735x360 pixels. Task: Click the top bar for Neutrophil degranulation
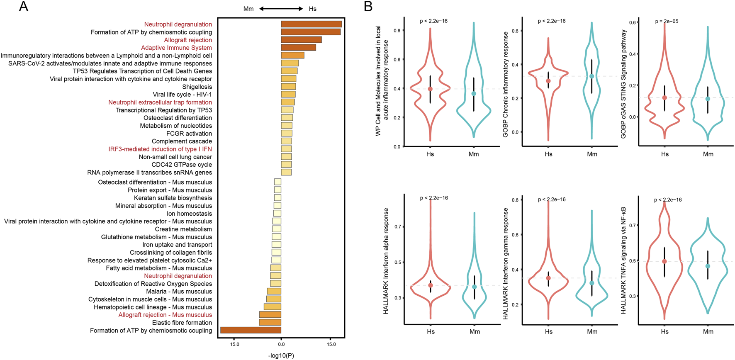pyautogui.click(x=311, y=24)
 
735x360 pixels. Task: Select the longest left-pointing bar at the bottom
pyautogui.click(x=251, y=331)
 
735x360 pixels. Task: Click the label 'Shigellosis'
pyautogui.click(x=197, y=87)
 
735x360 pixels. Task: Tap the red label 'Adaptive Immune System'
pyautogui.click(x=176, y=48)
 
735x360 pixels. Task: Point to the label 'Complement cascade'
pyautogui.click(x=182, y=141)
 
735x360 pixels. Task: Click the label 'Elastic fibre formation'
pyautogui.click(x=182, y=323)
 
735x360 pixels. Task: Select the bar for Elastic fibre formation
pyautogui.click(x=270, y=323)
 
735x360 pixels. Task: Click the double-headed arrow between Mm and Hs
pyautogui.click(x=281, y=9)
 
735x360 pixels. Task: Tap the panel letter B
pyautogui.click(x=368, y=7)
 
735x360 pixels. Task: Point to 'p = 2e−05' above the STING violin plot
pyautogui.click(x=667, y=22)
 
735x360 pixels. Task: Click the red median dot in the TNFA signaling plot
pyautogui.click(x=664, y=262)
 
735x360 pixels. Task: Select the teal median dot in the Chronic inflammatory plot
pyautogui.click(x=592, y=76)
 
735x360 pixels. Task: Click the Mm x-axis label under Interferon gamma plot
pyautogui.click(x=592, y=332)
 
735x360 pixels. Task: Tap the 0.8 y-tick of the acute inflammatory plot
pyautogui.click(x=397, y=31)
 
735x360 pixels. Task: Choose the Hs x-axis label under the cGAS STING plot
pyautogui.click(x=664, y=154)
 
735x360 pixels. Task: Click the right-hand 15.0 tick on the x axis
pyautogui.click(x=331, y=344)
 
